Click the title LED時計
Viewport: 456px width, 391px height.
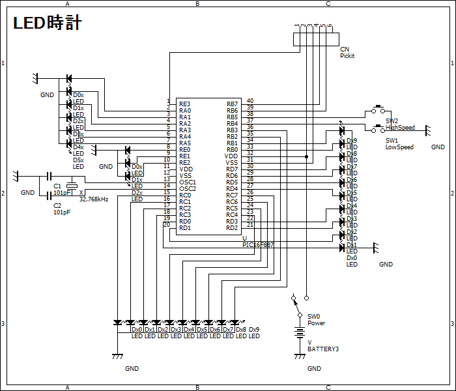[x=47, y=23]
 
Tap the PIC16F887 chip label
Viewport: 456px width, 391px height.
[x=259, y=244]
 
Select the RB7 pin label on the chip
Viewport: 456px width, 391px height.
[x=232, y=104]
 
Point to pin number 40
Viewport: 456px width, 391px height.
[x=250, y=101]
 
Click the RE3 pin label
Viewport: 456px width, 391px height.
[x=185, y=104]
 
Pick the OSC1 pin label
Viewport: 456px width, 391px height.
[x=188, y=182]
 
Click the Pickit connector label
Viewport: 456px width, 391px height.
[x=347, y=56]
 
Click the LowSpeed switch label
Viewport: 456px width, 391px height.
[x=399, y=147]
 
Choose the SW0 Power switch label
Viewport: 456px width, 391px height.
[x=316, y=319]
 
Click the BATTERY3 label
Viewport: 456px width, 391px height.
[x=323, y=349]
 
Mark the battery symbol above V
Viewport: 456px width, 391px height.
[x=300, y=332]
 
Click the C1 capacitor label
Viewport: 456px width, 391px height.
[x=57, y=186]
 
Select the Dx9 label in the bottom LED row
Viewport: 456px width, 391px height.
[x=254, y=330]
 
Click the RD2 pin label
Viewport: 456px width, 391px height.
[x=232, y=228]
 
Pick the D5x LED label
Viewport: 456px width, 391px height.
[x=78, y=160]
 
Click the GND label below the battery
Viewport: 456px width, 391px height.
[x=314, y=369]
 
